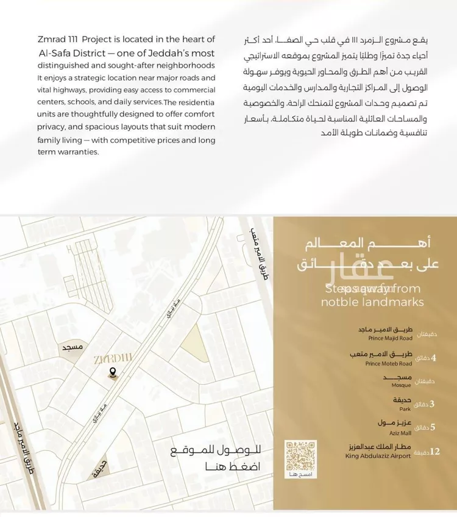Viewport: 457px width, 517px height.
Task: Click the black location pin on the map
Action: pos(112,372)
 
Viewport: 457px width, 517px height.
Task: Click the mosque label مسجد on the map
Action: pos(71,347)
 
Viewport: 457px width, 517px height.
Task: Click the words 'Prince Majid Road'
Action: pos(390,338)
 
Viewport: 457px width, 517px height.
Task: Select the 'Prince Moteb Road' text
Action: pos(389,363)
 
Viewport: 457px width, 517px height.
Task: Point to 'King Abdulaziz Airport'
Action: pos(379,456)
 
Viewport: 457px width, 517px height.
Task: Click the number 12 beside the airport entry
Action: pos(434,452)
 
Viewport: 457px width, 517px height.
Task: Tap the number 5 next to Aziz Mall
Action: pos(433,427)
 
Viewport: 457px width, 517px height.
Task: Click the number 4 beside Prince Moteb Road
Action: pos(433,358)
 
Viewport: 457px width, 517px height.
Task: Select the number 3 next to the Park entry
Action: pos(432,403)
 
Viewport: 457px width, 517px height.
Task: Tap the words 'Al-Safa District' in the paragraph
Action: pos(66,52)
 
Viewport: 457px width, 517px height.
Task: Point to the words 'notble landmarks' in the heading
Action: pos(372,302)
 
